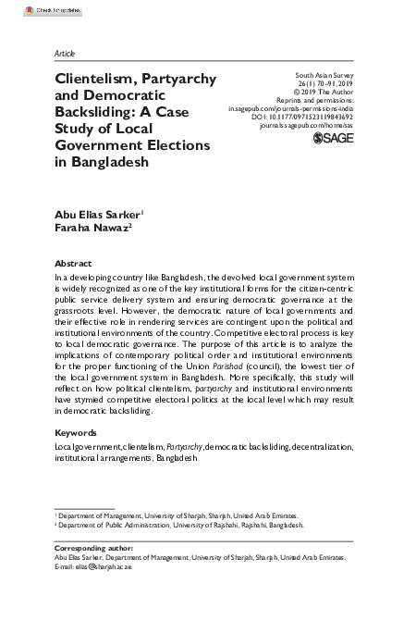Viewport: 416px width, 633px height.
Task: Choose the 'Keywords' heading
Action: tap(77, 432)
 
